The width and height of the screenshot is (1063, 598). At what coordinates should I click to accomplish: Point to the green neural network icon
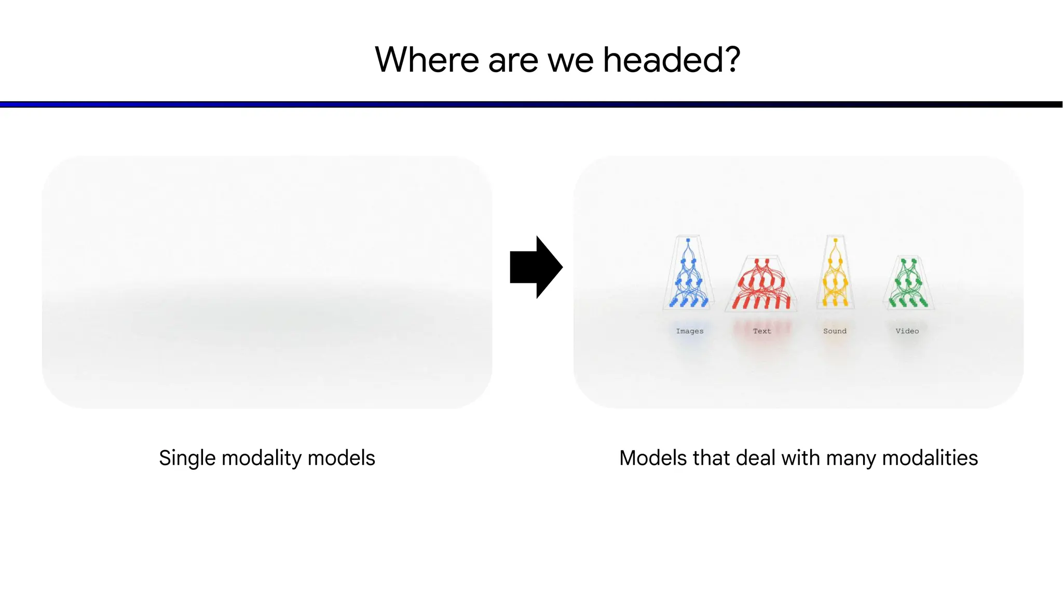click(908, 283)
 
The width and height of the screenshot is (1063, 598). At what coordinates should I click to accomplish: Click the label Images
click(690, 331)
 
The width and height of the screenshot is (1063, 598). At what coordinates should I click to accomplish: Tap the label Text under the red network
click(762, 331)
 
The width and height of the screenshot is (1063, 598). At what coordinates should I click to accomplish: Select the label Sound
click(835, 331)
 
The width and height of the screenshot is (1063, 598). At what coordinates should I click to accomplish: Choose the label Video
click(907, 331)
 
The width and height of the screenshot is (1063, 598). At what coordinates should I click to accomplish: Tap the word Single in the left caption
click(187, 458)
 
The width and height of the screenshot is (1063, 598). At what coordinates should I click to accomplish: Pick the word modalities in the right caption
click(930, 458)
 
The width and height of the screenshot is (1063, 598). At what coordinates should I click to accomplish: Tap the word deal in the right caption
click(756, 458)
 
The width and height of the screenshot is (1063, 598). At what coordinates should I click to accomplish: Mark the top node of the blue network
click(688, 240)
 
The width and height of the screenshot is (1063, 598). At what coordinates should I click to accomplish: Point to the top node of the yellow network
click(836, 240)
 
